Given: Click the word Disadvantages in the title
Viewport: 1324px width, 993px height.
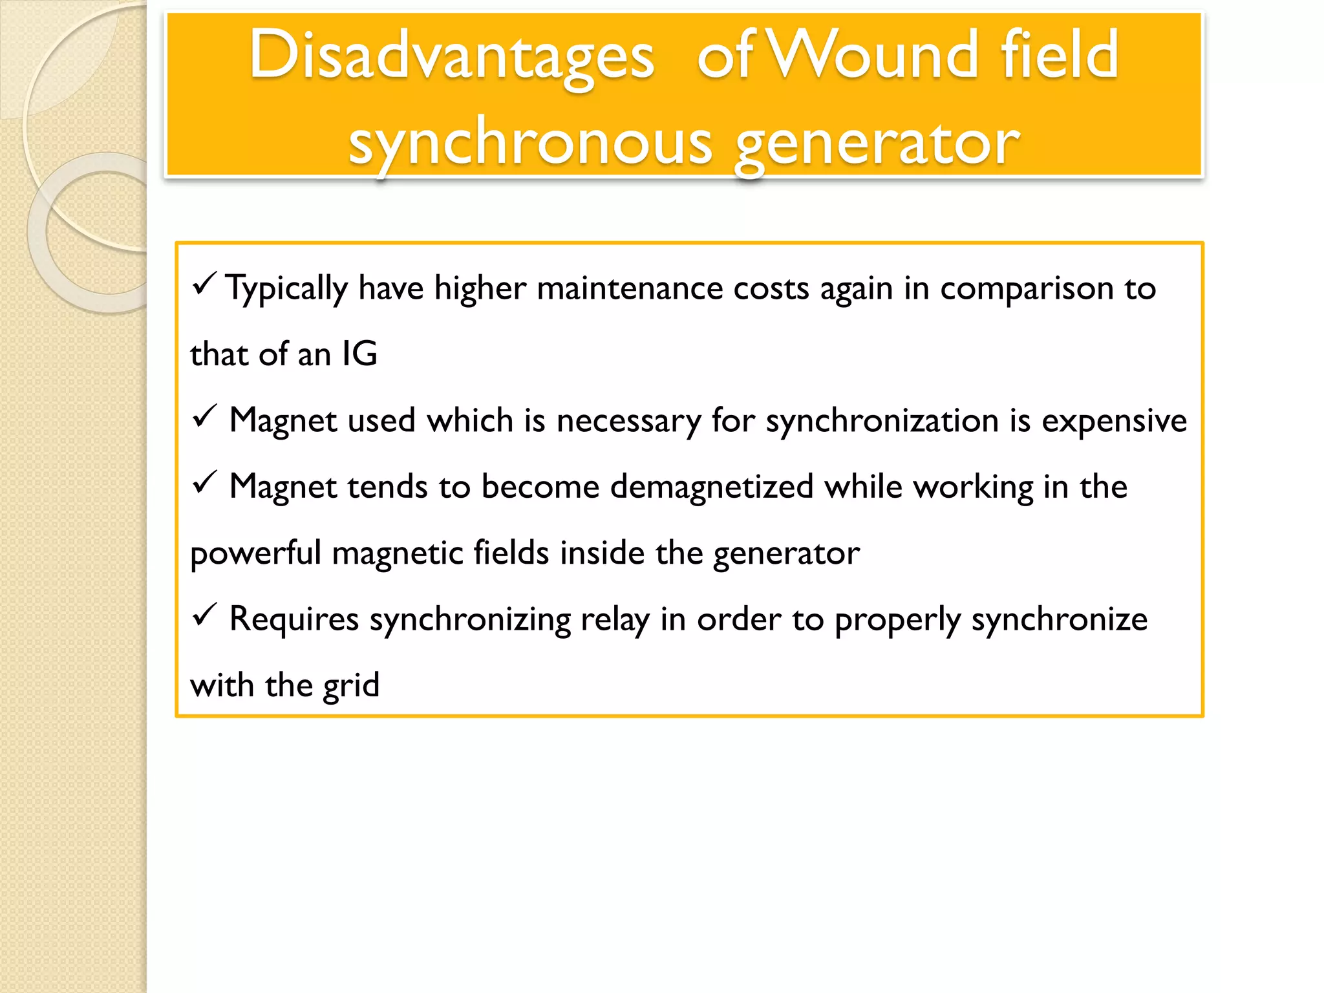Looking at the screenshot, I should (x=452, y=57).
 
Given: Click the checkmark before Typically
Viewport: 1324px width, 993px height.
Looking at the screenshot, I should (x=204, y=284).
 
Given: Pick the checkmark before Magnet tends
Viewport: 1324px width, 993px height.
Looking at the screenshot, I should (x=204, y=483).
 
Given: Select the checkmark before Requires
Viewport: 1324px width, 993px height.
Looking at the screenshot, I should (x=204, y=615).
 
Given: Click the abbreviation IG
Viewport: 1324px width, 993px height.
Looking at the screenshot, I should (x=359, y=354).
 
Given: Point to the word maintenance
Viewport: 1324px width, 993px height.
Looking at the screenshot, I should (x=629, y=288).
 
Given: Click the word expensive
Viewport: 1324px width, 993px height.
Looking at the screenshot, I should (x=1114, y=421).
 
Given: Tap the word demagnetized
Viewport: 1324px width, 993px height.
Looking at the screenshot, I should (x=711, y=487).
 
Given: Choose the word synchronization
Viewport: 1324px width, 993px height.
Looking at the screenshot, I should (x=882, y=421).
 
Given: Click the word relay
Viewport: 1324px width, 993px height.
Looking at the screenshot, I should (x=614, y=619).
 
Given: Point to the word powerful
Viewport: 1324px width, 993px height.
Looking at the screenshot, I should (x=255, y=553).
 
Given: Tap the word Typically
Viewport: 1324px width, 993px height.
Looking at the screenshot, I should (x=286, y=288).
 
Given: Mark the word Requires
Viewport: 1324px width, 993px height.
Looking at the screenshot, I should (x=294, y=619).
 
